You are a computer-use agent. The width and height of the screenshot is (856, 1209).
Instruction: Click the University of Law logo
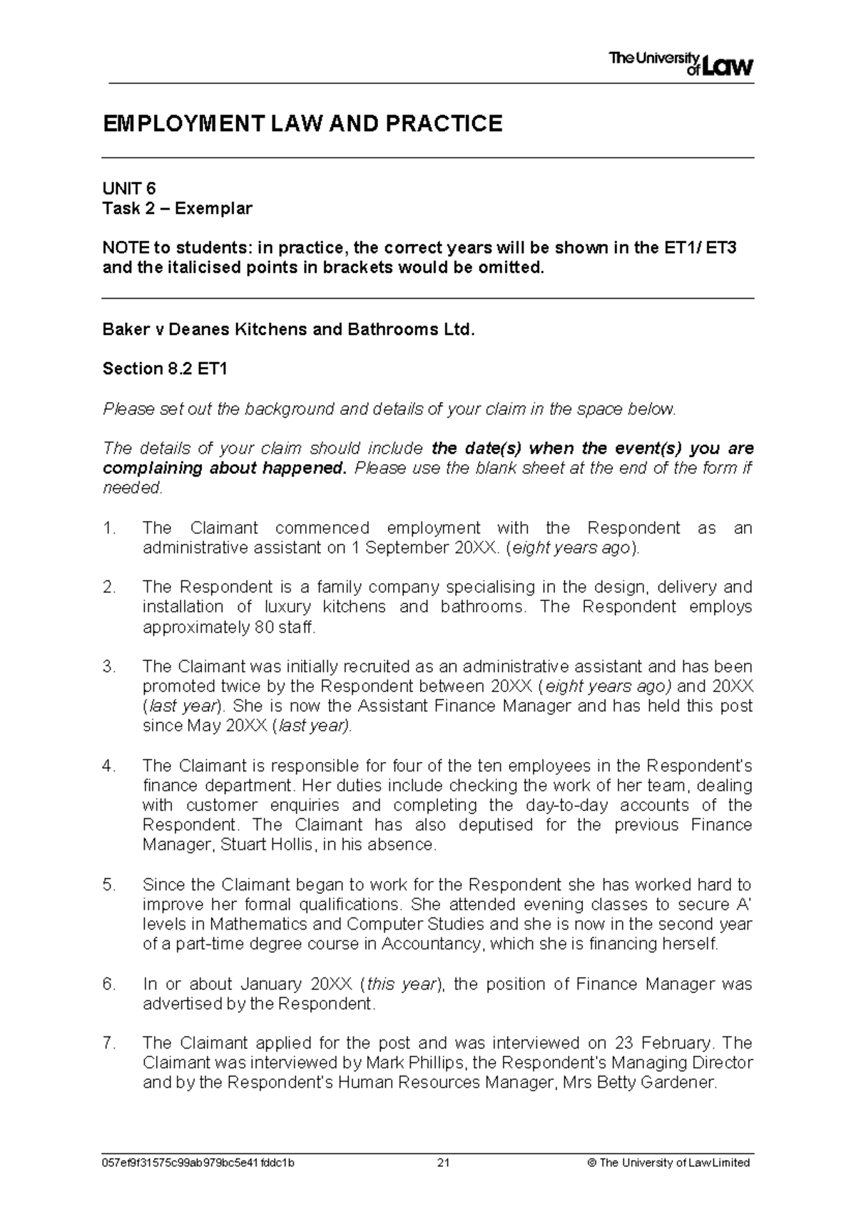pos(681,64)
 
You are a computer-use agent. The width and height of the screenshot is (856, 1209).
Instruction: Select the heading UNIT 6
pos(129,188)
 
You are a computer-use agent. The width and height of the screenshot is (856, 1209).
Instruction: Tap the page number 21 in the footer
pos(443,1163)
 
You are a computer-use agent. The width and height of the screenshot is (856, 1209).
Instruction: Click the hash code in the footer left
pos(199,1163)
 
